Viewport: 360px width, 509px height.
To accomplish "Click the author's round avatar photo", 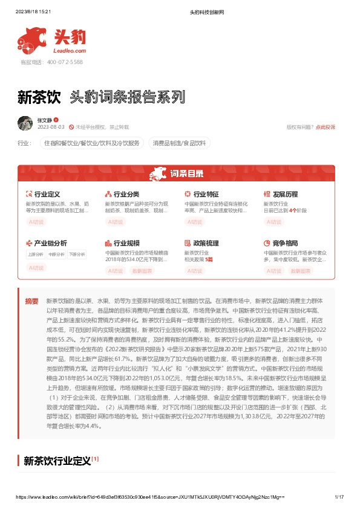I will [x=25, y=123].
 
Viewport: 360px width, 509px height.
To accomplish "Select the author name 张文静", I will [x=45, y=120].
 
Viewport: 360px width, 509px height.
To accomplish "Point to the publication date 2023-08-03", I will [x=51, y=127].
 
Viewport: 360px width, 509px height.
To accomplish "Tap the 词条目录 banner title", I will [x=186, y=174].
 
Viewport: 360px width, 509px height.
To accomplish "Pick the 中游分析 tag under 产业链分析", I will [x=56, y=254].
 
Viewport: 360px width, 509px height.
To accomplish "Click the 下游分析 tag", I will [x=77, y=254].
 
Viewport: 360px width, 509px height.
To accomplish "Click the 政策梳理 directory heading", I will [x=206, y=243].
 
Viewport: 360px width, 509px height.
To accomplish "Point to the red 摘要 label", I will [x=31, y=300].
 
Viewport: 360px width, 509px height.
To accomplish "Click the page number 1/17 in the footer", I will [x=339, y=496].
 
